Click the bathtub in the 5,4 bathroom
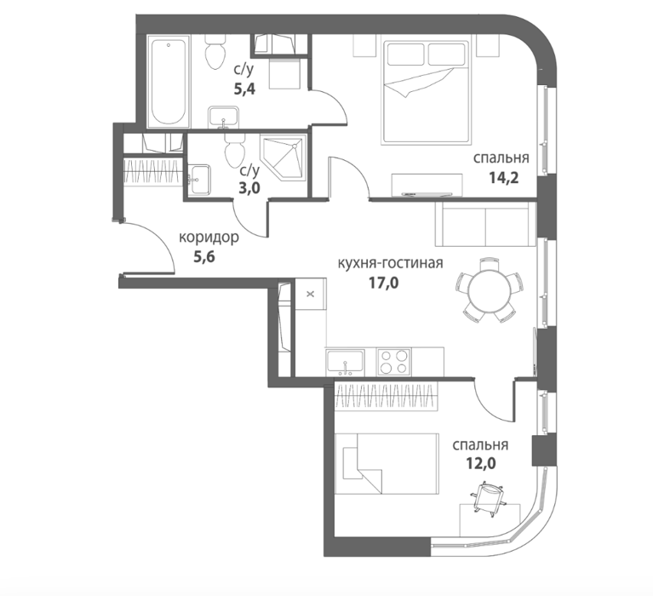[x=169, y=81]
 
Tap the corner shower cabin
[x=284, y=157]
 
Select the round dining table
[x=489, y=290]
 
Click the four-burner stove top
[x=394, y=361]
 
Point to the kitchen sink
[x=345, y=361]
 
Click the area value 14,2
[x=503, y=178]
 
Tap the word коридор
[x=209, y=238]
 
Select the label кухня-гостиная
[x=390, y=263]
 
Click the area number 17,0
[x=384, y=283]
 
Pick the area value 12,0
[x=480, y=463]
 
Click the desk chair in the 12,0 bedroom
[x=489, y=499]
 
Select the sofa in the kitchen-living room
[x=485, y=225]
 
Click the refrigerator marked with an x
[x=310, y=294]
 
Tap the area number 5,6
[x=204, y=257]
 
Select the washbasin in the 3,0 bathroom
[x=199, y=180]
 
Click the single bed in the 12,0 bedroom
[x=387, y=464]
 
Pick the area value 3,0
[x=249, y=188]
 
